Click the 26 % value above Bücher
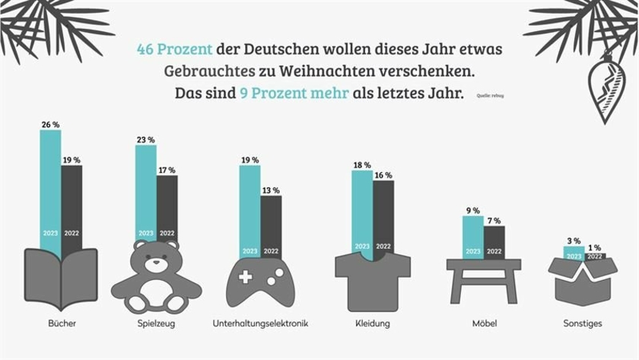pyautogui.click(x=50, y=124)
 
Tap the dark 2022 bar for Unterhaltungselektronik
pyautogui.click(x=271, y=225)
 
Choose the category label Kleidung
pyautogui.click(x=372, y=323)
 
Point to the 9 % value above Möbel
pyautogui.click(x=472, y=210)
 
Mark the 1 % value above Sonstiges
pyautogui.click(x=595, y=247)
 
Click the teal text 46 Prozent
pyautogui.click(x=174, y=49)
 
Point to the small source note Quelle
pyautogui.click(x=490, y=96)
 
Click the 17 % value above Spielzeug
pyautogui.click(x=167, y=170)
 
